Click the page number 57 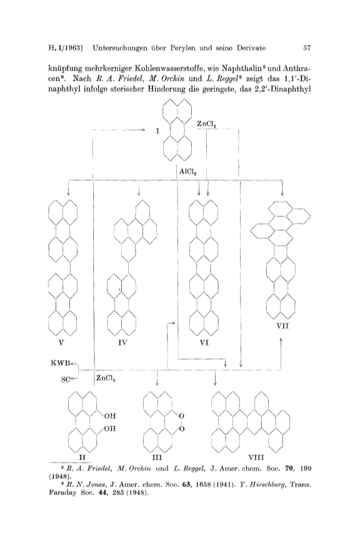(x=307, y=48)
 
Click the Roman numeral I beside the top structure (x=157, y=131)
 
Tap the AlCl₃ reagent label (x=188, y=171)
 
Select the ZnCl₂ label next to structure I (x=206, y=124)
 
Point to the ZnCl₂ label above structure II (x=106, y=378)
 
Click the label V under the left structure (x=62, y=343)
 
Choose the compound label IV (x=122, y=343)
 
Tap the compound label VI (x=204, y=343)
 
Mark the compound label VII (x=282, y=326)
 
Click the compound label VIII (x=256, y=457)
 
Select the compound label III (x=157, y=457)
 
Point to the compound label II (x=82, y=457)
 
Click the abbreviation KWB (x=60, y=362)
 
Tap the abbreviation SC (x=66, y=379)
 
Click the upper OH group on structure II (x=110, y=416)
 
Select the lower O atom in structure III (x=182, y=429)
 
